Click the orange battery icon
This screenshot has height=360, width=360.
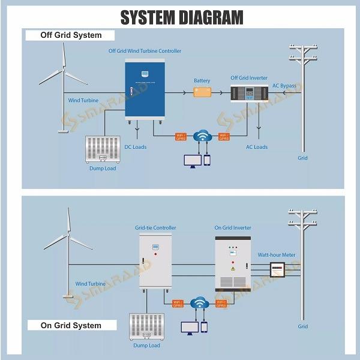[x=202, y=92]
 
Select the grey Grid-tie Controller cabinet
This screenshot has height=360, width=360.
[x=155, y=261]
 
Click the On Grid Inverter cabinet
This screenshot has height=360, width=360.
[x=232, y=263]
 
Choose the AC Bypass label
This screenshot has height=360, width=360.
[x=284, y=86]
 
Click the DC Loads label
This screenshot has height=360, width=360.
[x=135, y=147]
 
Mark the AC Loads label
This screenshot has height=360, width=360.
[x=257, y=147]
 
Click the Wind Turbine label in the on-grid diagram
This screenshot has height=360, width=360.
[x=90, y=284]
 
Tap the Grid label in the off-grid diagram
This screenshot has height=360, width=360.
[x=303, y=158]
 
